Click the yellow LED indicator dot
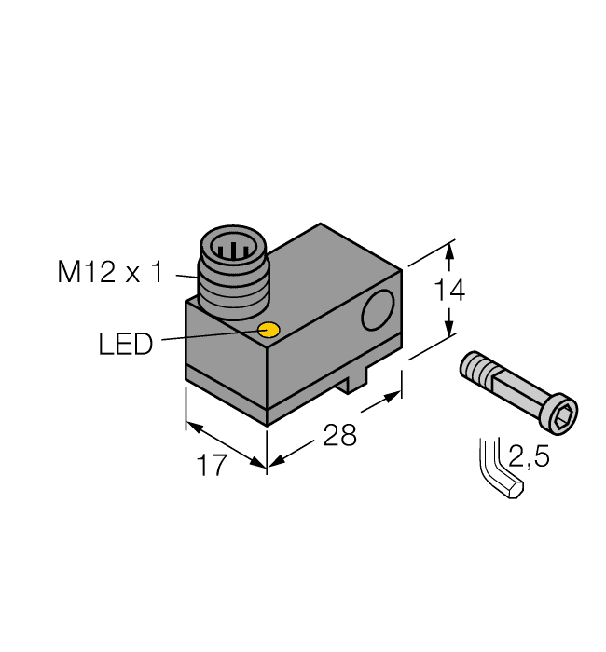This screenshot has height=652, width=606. (x=269, y=330)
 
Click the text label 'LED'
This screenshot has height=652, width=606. (x=125, y=345)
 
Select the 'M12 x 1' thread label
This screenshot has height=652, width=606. (x=109, y=273)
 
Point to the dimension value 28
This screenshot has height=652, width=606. (x=339, y=435)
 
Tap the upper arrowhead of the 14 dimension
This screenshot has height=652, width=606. (x=450, y=250)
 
